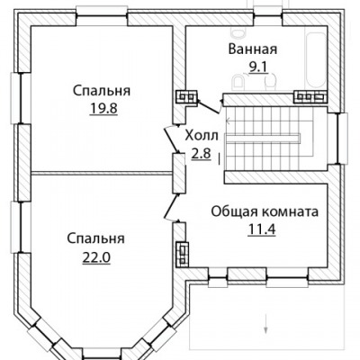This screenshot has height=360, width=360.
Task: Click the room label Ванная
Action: point(253,49)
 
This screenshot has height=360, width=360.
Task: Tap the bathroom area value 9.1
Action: point(258,67)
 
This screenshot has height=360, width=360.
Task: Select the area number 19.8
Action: point(103,108)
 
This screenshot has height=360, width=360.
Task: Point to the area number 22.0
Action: point(96,256)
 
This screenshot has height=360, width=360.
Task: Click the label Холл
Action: point(202,136)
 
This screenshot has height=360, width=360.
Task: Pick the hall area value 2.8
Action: point(202,153)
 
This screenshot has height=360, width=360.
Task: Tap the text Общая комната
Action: point(265,211)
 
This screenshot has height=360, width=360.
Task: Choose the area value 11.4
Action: point(262,229)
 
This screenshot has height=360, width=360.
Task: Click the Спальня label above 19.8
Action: point(102,91)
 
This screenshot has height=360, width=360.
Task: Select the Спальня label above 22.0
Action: point(95,239)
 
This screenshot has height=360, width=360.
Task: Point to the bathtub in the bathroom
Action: point(316,59)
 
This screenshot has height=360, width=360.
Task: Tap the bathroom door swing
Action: point(209,107)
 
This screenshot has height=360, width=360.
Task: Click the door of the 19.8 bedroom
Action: point(171,139)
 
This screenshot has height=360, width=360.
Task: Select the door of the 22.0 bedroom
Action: point(173,208)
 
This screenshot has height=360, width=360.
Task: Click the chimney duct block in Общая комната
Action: point(183,254)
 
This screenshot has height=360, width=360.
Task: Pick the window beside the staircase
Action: point(339,139)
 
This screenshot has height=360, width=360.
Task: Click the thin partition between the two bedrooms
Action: point(102,173)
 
